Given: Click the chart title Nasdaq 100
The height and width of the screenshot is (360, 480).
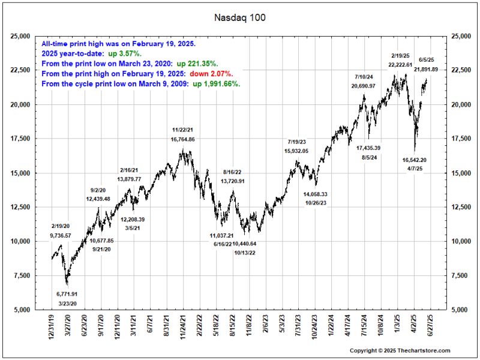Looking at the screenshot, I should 240,18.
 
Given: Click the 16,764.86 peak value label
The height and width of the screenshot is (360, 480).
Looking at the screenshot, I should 183,139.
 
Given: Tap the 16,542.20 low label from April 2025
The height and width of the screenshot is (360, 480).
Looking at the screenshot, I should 415,160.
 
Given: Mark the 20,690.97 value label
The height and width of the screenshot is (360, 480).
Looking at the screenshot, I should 364,86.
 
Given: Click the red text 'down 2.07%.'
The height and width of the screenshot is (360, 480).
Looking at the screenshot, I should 211,73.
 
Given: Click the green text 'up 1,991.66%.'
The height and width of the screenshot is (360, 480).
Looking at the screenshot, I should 217,83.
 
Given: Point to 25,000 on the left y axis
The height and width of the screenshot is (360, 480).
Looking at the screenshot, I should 20,37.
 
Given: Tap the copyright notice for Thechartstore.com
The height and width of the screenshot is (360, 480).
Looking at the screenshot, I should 400,350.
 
